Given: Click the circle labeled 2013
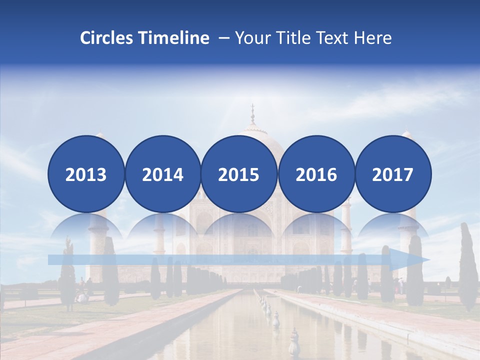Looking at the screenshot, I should click(86, 174).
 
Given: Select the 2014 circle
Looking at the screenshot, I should click(162, 174).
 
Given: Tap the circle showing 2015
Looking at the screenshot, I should click(239, 174).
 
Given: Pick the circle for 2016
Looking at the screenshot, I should click(316, 174).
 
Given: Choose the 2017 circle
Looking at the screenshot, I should click(393, 174).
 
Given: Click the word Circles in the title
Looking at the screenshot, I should click(107, 38).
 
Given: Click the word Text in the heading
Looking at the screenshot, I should click(336, 38).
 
